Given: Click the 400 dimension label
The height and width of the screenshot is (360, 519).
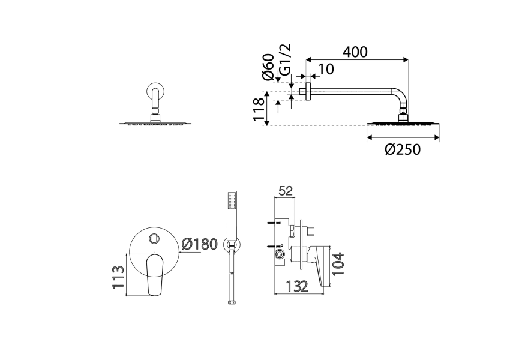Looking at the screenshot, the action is [x=355, y=52].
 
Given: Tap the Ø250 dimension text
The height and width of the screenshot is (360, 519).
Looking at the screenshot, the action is [x=403, y=149].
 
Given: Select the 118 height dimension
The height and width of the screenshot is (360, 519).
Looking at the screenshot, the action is [x=259, y=109].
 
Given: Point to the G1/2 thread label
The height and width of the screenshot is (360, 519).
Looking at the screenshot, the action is [x=285, y=60].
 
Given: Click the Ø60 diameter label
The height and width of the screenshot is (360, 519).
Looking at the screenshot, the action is [x=268, y=67].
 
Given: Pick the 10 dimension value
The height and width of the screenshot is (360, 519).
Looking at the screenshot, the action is [x=326, y=70].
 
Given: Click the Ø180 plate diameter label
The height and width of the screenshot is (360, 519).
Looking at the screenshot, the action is [x=200, y=244].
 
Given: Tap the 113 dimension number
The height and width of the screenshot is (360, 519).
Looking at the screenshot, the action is [x=118, y=277].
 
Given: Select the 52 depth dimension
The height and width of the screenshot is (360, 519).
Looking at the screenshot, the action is [x=286, y=191].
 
